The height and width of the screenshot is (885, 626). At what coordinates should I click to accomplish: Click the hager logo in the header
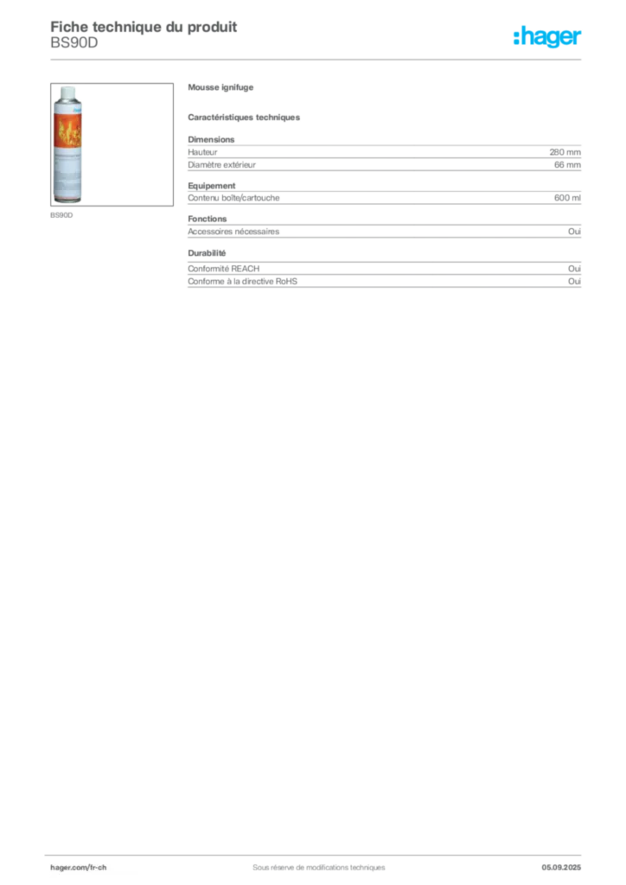point(547,36)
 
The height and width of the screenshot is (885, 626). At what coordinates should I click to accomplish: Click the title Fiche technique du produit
point(144,27)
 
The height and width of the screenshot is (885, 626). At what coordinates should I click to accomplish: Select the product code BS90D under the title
point(74,42)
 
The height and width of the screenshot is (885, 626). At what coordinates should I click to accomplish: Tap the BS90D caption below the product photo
point(61,215)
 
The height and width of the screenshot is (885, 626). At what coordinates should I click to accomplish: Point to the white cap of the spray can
point(67,92)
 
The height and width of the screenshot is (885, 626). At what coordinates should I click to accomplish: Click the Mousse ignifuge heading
point(220,87)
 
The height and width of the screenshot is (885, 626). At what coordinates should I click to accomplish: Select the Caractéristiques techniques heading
point(244,118)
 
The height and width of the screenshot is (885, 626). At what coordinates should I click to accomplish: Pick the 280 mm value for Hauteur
point(565,152)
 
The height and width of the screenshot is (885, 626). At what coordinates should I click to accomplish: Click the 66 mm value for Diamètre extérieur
point(567,165)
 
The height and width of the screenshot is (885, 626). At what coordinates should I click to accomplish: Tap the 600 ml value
point(567,198)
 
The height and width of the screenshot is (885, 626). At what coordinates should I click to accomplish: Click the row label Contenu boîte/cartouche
point(233,198)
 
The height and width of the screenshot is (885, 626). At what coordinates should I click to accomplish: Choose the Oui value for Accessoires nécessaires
point(575,232)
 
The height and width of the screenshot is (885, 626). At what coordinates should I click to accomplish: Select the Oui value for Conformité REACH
point(575,269)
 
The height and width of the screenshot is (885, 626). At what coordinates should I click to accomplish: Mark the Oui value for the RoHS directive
point(575,281)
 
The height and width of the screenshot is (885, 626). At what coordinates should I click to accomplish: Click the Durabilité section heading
point(207,253)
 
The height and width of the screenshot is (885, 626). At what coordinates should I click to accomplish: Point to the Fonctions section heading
point(208,219)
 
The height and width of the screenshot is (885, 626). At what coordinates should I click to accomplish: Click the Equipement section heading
point(212,186)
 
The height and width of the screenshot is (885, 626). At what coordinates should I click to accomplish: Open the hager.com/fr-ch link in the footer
point(79,868)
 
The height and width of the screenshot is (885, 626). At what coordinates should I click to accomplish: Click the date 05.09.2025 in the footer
point(561,868)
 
